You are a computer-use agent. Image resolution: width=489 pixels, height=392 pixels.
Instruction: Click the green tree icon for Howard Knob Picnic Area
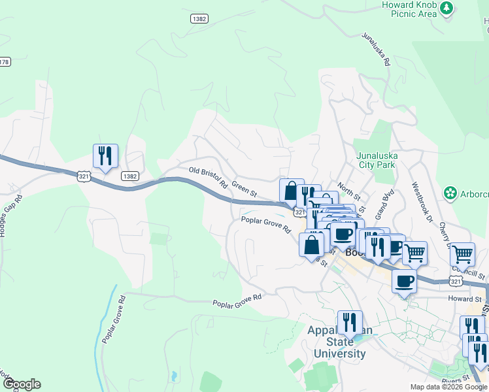(x=447, y=8)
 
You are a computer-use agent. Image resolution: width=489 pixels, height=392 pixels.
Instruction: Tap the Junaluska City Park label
(x=376, y=160)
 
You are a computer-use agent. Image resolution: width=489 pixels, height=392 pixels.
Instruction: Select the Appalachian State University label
(x=339, y=342)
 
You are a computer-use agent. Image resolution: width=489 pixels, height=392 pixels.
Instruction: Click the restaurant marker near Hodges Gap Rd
(x=105, y=156)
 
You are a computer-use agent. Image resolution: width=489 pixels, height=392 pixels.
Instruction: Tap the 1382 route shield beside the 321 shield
(x=129, y=176)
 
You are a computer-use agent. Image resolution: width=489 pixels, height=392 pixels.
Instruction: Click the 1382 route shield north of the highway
(x=200, y=19)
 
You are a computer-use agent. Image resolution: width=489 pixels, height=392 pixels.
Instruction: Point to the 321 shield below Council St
(x=457, y=280)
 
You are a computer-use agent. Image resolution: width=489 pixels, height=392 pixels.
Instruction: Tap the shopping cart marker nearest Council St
(x=462, y=253)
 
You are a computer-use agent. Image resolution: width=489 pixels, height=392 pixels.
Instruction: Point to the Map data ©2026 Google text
(x=448, y=387)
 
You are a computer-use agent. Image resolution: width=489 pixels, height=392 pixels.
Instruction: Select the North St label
(x=349, y=193)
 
